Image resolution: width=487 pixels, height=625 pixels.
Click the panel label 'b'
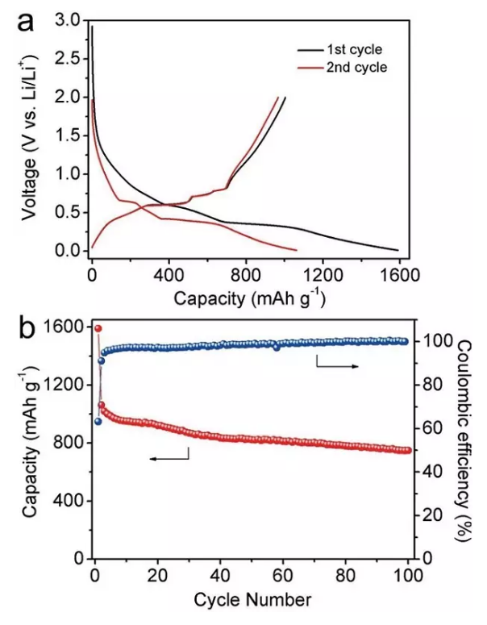pyautogui.click(x=27, y=329)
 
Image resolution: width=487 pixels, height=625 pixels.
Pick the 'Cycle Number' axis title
pyautogui.click(x=252, y=600)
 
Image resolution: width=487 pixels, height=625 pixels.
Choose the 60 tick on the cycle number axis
pyautogui.click(x=284, y=577)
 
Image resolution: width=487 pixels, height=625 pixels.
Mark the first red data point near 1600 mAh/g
pyautogui.click(x=98, y=328)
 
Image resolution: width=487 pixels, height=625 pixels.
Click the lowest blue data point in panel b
pyautogui.click(x=98, y=421)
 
